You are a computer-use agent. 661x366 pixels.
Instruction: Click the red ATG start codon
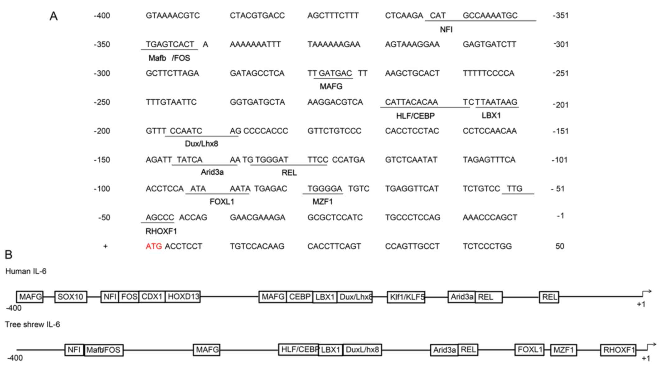click(154, 246)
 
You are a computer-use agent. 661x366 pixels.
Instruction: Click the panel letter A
click(53, 16)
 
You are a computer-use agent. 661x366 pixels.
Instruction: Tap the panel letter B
click(8, 255)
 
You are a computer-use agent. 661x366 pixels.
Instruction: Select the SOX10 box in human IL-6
click(71, 297)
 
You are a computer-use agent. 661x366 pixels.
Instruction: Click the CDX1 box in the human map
click(152, 297)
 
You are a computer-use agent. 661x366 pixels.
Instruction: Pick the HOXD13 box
click(183, 297)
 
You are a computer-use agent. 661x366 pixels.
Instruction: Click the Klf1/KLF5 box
click(406, 297)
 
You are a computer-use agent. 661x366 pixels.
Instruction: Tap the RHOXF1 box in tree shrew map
click(618, 350)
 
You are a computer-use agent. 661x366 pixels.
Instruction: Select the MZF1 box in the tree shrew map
click(564, 350)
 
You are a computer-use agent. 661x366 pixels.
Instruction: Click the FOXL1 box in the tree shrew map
click(529, 350)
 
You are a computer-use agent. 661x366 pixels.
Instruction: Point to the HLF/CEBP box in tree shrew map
click(298, 350)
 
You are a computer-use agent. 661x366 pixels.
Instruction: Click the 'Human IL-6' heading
click(26, 271)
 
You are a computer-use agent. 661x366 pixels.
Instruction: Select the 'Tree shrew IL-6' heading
click(32, 325)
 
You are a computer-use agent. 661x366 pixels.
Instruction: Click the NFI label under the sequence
click(446, 30)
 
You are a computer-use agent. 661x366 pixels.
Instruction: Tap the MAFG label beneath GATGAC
click(331, 87)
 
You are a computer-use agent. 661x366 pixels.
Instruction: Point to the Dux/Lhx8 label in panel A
click(201, 144)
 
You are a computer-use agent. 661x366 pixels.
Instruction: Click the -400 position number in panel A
click(102, 16)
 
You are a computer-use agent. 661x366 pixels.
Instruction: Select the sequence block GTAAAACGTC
click(173, 16)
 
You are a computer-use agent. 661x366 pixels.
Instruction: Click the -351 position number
click(560, 16)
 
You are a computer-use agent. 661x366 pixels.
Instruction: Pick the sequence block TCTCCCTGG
click(487, 246)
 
